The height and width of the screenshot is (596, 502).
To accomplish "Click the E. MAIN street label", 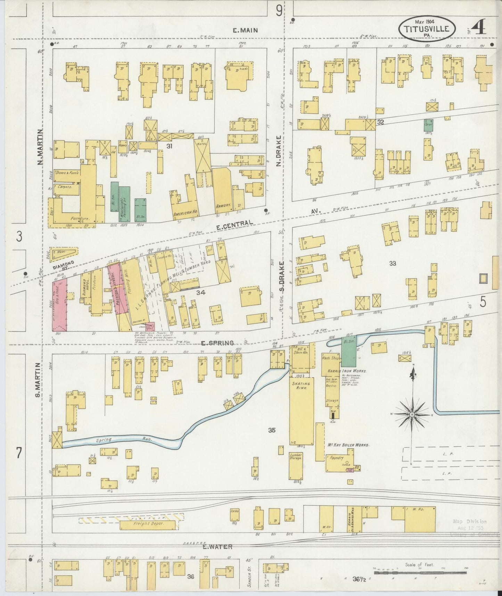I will pyautogui.click(x=245, y=31).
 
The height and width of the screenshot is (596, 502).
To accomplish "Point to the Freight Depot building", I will pyautogui.click(x=147, y=525).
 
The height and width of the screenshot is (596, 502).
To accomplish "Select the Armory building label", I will pyautogui.click(x=223, y=206).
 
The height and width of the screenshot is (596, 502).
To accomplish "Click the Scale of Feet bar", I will pyautogui.click(x=420, y=571).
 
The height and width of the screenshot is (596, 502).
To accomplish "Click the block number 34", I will pyautogui.click(x=200, y=293).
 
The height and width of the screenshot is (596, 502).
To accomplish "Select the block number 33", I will pyautogui.click(x=393, y=263).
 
